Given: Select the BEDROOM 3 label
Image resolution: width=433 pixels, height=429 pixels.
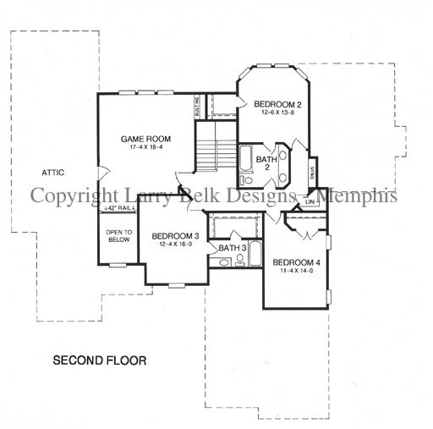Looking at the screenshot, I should (176, 235).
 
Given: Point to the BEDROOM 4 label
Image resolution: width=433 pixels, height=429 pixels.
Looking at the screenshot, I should (296, 261).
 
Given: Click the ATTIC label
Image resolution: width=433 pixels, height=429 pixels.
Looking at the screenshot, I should (53, 173).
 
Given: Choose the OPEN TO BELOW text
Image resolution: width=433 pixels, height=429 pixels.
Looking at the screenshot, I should (117, 235).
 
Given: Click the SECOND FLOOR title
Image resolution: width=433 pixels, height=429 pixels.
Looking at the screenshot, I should (100, 360).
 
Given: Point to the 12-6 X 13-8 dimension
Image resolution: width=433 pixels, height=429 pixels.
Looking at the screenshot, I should (279, 113).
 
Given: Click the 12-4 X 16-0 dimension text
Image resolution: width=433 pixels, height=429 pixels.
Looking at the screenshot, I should (176, 244).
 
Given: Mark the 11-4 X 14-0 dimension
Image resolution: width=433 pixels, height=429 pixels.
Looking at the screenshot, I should (296, 270).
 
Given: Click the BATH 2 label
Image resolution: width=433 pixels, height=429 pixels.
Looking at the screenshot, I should (266, 163).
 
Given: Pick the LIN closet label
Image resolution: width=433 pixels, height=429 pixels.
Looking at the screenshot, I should (310, 201).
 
